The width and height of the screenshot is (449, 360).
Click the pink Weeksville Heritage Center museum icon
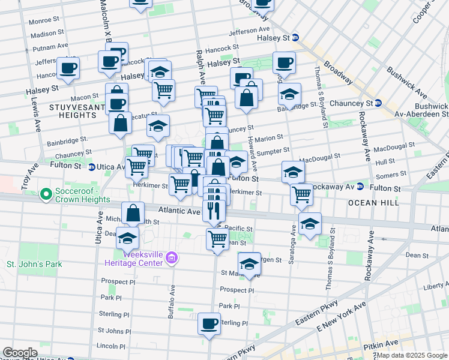pos(172,258)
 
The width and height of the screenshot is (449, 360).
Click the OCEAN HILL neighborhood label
pos(373,203)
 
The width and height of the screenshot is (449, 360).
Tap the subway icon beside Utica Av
pos(92,167)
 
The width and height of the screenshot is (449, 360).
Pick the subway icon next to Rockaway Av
pos(360,187)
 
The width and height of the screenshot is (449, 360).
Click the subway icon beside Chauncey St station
pos(378,103)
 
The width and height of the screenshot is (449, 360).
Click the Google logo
pos(20,353)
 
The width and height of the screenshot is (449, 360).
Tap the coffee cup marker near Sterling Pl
pos(209,325)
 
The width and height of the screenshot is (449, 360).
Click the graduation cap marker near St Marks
pos(249,263)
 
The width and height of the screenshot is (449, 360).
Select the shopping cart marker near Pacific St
pos(217,239)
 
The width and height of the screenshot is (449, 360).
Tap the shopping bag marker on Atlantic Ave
pos(133,213)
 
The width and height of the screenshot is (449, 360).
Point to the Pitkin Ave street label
pos(391,343)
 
